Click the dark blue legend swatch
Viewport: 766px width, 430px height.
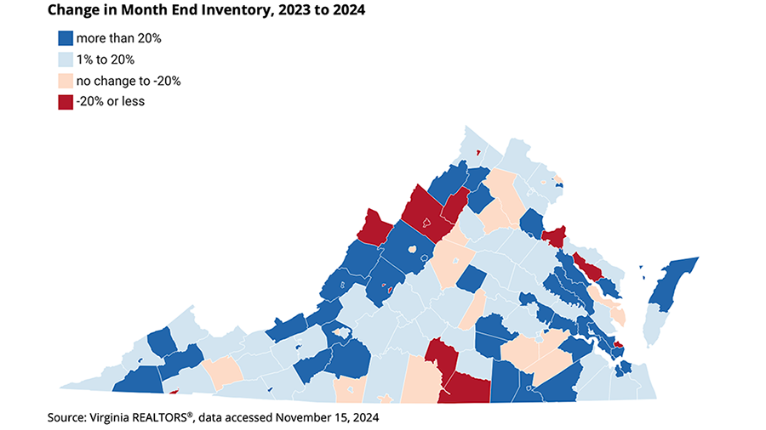click(66, 38)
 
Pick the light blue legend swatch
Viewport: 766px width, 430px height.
click(66, 59)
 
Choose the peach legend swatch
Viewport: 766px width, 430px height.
click(66, 81)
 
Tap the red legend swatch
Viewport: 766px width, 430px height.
click(66, 102)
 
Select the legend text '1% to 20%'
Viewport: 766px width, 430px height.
click(105, 59)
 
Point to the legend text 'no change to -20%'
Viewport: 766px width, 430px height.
click(128, 81)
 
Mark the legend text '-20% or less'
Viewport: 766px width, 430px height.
click(111, 102)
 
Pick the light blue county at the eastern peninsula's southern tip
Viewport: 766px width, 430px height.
click(654, 327)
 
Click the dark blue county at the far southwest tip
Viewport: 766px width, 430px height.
click(136, 380)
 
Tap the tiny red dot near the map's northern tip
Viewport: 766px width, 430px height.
click(478, 153)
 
